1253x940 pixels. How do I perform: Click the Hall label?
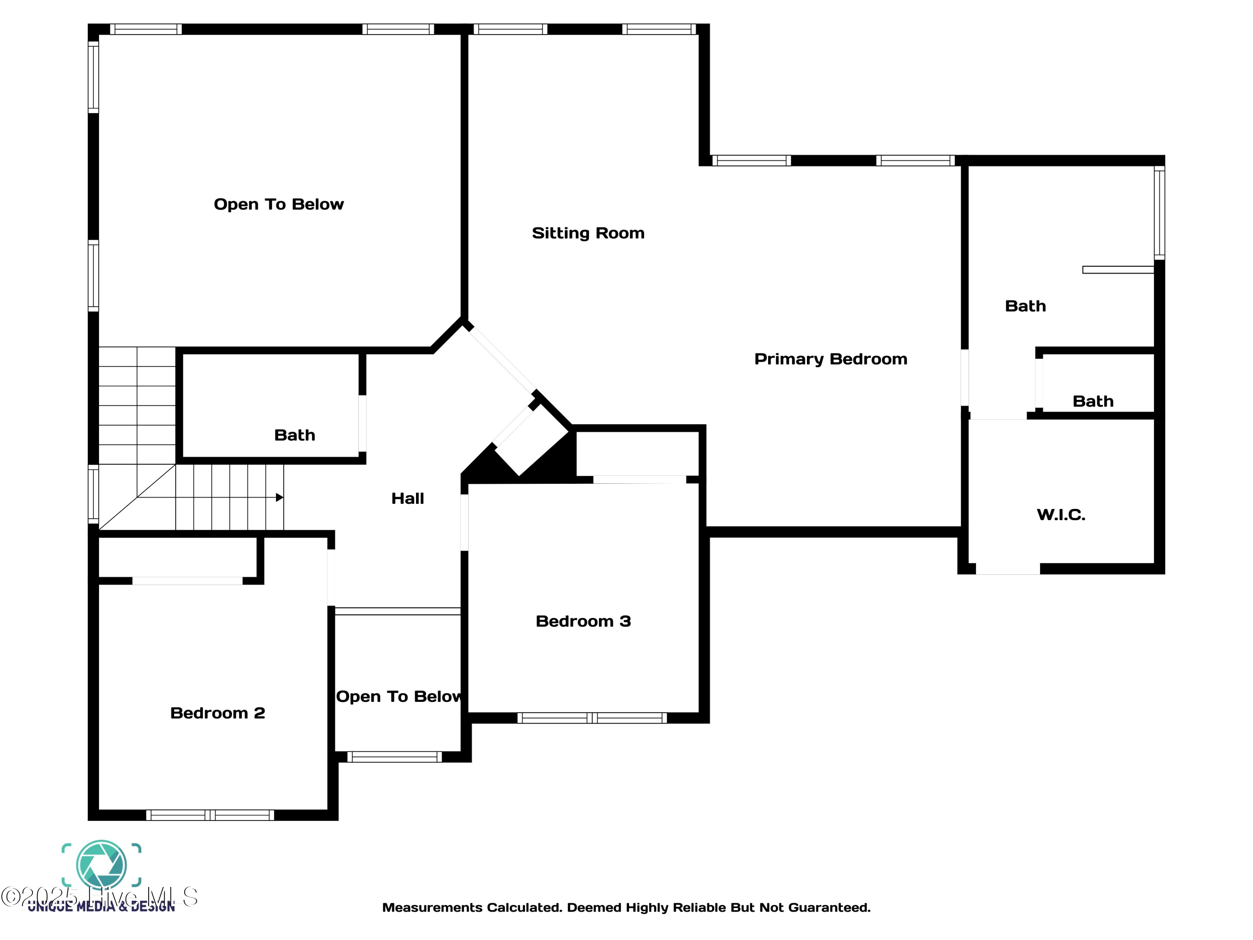[x=407, y=498]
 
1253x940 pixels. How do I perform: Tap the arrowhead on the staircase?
[x=279, y=498]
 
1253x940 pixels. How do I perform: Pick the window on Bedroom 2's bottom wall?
[x=210, y=816]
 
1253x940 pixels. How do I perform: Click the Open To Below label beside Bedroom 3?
[x=398, y=696]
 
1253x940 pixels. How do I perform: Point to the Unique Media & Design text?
[x=101, y=907]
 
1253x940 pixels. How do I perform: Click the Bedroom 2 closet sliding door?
[x=188, y=581]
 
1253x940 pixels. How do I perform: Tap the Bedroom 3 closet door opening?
[x=639, y=480]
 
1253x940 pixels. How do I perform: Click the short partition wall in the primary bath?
[x=1118, y=270]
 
